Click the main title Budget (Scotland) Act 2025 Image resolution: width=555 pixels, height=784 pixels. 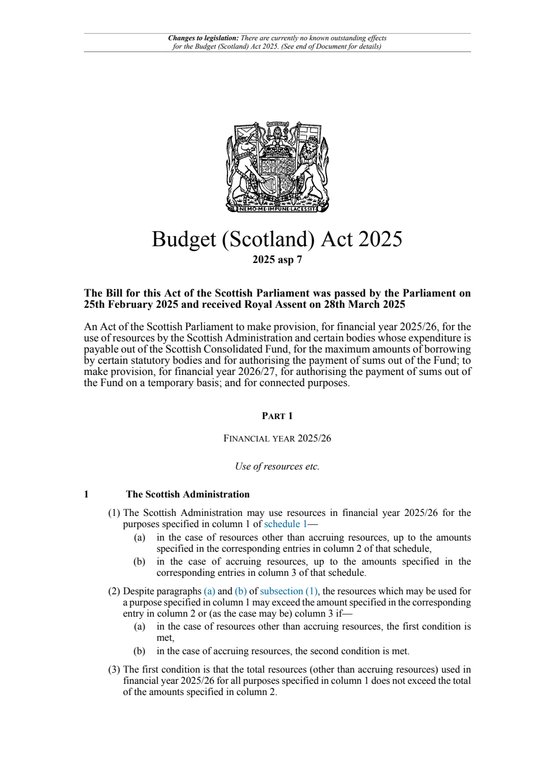[277, 239]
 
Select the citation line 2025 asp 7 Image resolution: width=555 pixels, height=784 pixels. [277, 260]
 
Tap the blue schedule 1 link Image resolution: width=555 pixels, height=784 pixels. [285, 524]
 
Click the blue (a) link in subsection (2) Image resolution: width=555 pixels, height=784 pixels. [209, 591]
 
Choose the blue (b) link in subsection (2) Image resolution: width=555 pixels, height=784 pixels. [241, 591]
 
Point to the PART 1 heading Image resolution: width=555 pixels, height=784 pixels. [277, 416]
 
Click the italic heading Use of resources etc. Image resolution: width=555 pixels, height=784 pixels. [277, 467]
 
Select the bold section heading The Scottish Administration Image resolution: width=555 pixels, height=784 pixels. [188, 494]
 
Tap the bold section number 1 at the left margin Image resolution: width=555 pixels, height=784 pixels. [86, 494]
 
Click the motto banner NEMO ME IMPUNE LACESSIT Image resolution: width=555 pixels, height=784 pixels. [277, 209]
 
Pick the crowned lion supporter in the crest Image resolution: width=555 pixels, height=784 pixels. [311, 165]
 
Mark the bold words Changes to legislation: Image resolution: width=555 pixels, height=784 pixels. [203, 39]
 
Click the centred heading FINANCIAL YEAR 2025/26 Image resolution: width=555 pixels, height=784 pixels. [277, 438]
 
